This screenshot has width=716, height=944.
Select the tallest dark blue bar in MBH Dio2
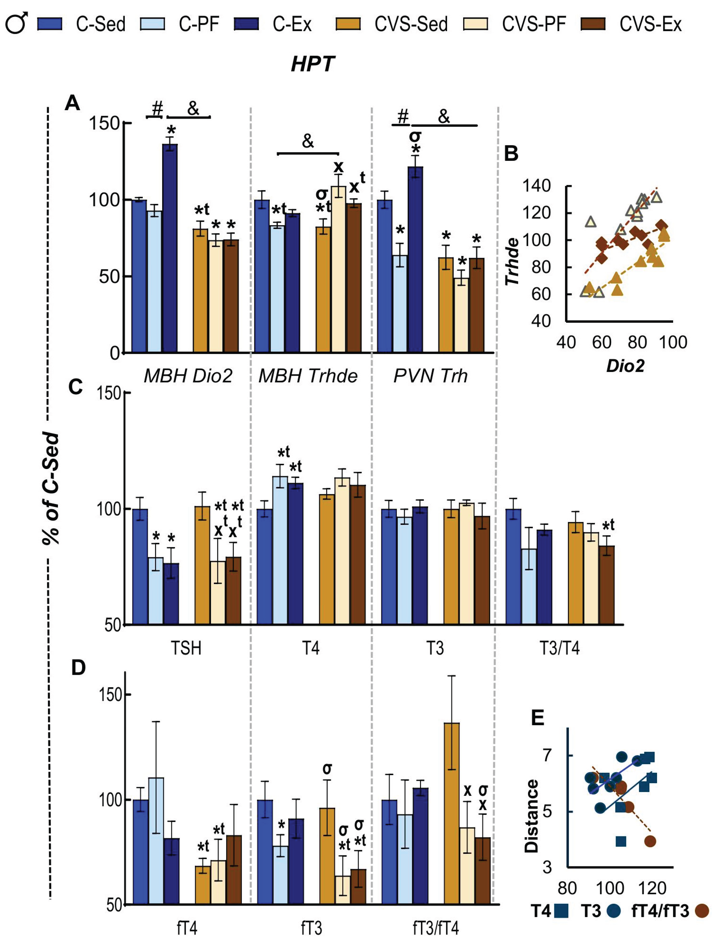coord(170,248)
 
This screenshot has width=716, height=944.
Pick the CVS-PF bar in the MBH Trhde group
coord(339,269)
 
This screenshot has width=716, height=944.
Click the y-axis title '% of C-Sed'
coord(51,489)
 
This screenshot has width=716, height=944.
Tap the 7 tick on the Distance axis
coord(547,755)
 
